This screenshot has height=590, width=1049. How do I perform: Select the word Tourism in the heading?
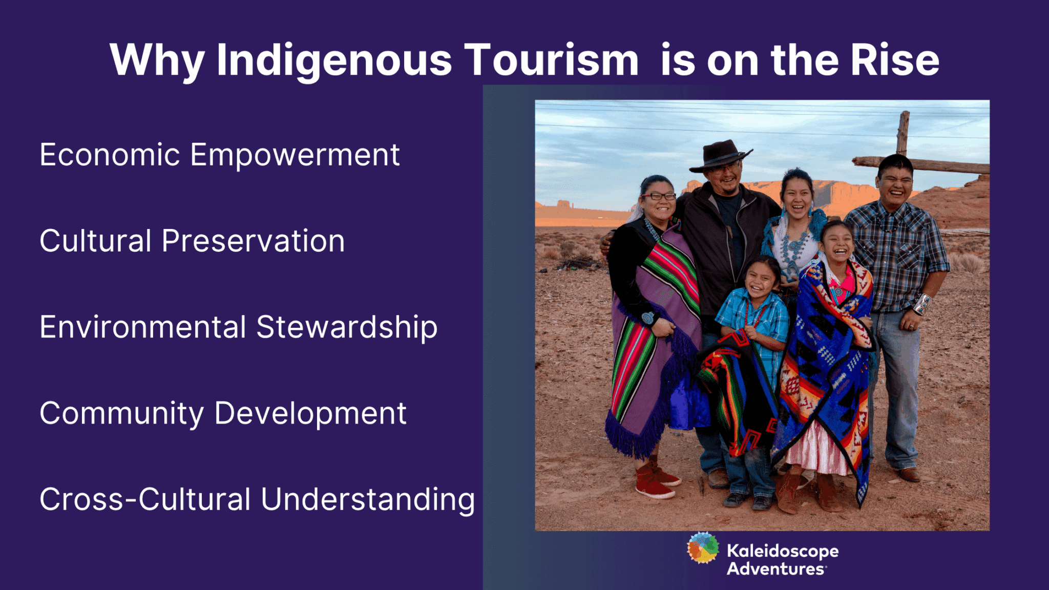pos(551,60)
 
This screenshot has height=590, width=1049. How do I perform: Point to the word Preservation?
pos(253,241)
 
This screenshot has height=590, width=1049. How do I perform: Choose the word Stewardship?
pos(347,327)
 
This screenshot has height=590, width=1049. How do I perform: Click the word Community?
pos(121,413)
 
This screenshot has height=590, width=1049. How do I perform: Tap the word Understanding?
pos(368,499)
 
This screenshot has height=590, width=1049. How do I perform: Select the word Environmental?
pos(143,327)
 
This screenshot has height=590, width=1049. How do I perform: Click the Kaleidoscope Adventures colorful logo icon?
pos(703,549)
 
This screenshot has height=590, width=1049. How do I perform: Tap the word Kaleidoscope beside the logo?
pos(783,551)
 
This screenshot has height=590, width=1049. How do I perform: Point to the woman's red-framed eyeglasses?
pos(659,196)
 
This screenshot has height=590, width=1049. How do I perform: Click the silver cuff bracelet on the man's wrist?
pos(922,304)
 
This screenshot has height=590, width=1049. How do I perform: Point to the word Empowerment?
pos(295,155)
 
